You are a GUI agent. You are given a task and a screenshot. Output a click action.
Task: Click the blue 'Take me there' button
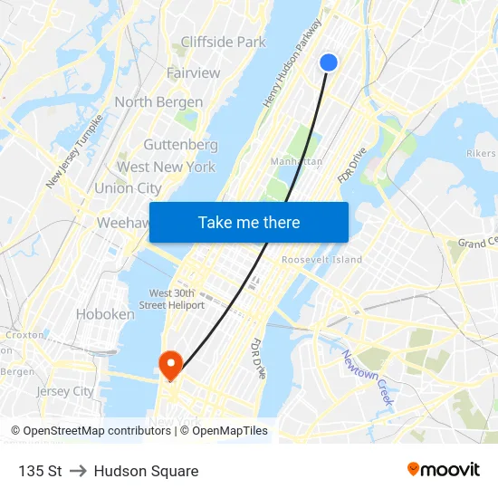(x=248, y=222)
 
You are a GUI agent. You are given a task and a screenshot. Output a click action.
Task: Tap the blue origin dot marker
(x=329, y=62)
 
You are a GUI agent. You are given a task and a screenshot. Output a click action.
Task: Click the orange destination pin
(x=169, y=364)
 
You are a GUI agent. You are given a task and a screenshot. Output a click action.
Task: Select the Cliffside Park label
(x=223, y=42)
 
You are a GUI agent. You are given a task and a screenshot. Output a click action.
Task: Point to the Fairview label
(x=193, y=72)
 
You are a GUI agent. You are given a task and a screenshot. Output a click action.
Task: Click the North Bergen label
(x=158, y=102)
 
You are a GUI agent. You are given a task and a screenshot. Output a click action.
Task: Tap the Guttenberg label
(x=180, y=145)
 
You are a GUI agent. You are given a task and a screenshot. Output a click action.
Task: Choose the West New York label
(x=166, y=167)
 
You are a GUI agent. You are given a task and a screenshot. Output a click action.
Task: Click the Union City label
(x=128, y=188)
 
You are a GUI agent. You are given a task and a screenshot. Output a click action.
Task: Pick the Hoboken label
(x=104, y=314)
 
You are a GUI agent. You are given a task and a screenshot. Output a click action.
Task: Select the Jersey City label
(x=64, y=391)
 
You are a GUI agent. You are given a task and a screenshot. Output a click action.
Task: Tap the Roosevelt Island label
(x=321, y=260)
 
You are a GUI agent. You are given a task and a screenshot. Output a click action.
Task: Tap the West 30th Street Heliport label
(x=177, y=299)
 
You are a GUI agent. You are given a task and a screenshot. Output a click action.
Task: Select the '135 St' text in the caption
(x=40, y=471)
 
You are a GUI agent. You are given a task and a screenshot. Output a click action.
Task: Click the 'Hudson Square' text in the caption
(x=146, y=471)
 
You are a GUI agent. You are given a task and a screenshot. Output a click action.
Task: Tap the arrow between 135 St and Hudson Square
(x=78, y=471)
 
